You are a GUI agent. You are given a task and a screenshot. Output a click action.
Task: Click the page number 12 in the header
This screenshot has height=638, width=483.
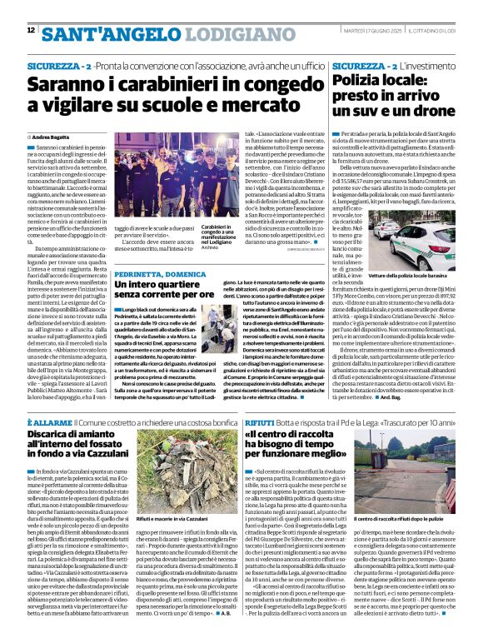[x=32, y=32]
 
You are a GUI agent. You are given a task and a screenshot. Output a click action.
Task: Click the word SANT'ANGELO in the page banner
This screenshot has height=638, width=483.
[x=92, y=33]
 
